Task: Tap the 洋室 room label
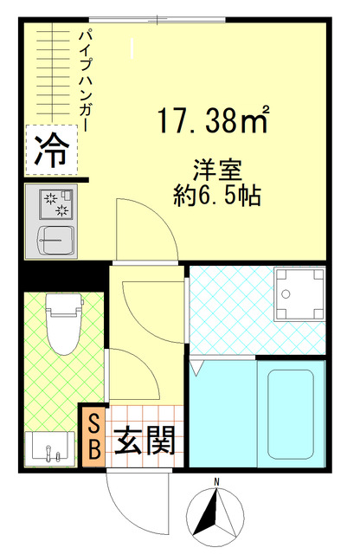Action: [210, 169]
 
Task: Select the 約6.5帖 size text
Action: [210, 194]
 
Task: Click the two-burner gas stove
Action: [54, 203]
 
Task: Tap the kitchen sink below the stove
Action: [54, 238]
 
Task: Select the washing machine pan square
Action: [299, 295]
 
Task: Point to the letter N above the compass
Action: [218, 481]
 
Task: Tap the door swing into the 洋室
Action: [143, 229]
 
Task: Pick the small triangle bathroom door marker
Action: [197, 368]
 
